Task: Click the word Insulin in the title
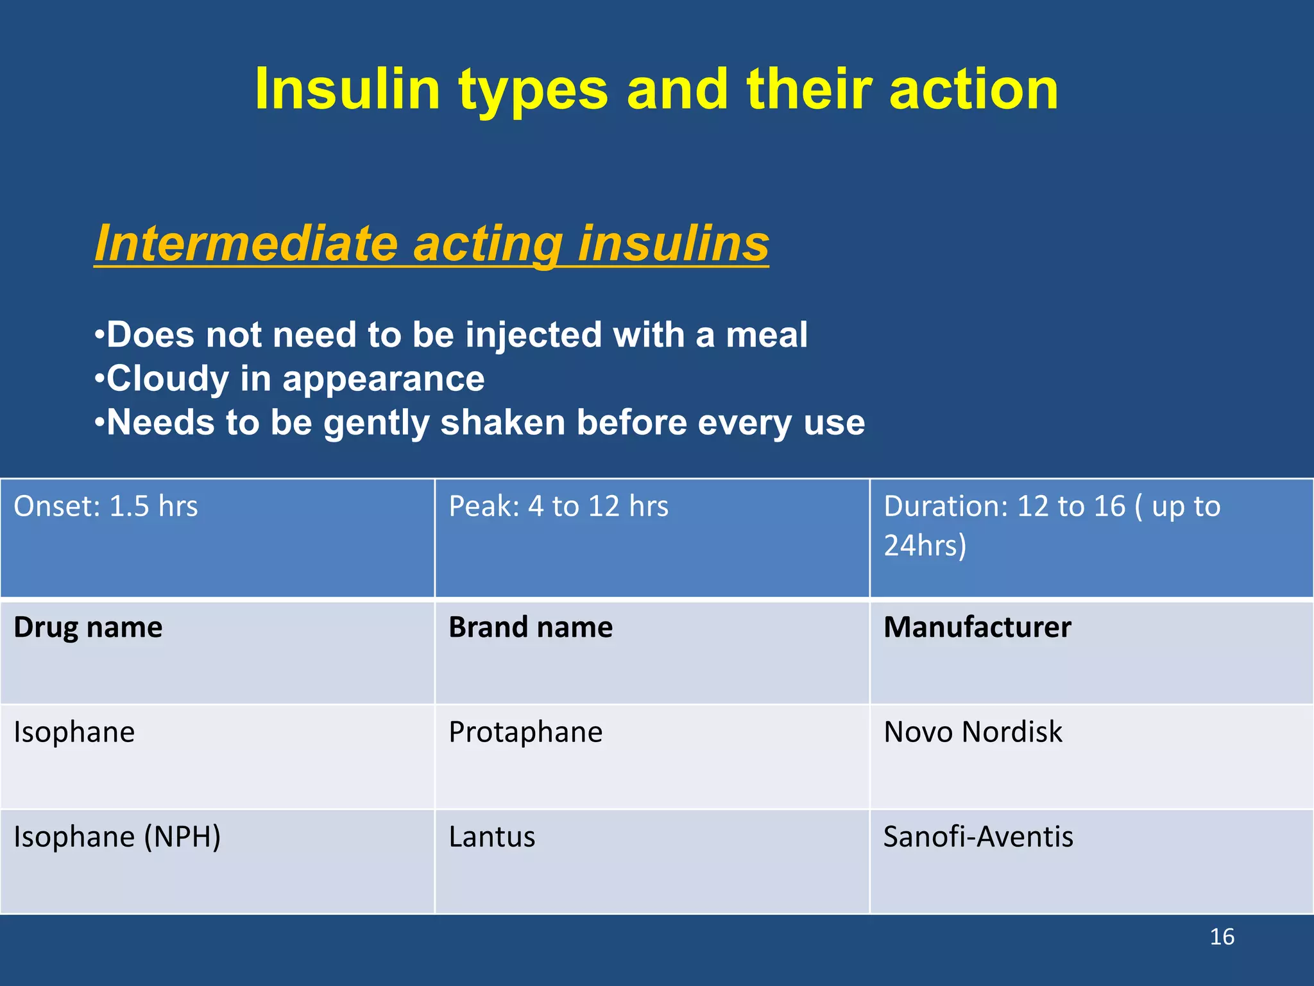347,90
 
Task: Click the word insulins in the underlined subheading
673,243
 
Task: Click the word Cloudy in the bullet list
167,379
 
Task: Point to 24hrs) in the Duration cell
925,546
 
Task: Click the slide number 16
1222,937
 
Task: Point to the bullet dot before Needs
99,423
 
